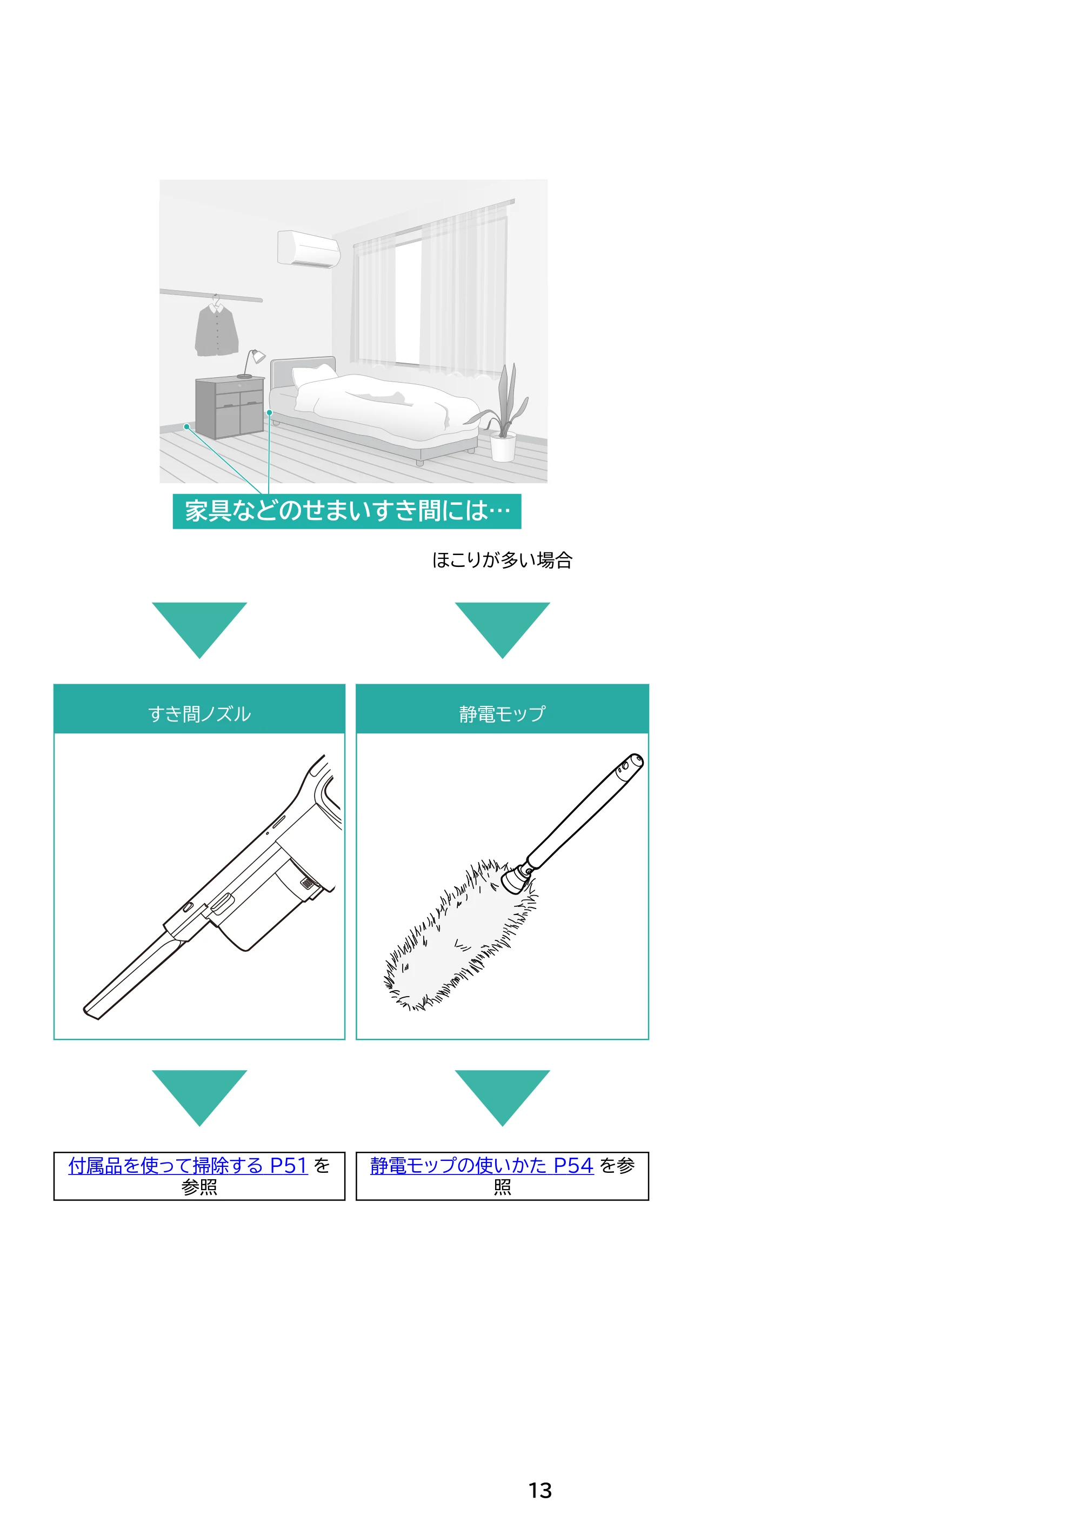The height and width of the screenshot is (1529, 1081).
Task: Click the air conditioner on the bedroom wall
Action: pos(309,249)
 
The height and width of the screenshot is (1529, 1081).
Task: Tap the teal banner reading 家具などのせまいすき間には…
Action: pos(346,511)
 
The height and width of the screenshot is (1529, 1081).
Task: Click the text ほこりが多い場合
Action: pos(502,560)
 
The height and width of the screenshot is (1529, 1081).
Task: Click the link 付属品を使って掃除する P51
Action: pos(188,1165)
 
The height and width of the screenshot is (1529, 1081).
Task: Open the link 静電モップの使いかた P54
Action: pos(482,1165)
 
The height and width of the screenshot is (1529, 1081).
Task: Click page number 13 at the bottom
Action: pos(540,1491)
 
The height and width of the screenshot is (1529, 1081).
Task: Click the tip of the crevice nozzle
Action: pos(92,1013)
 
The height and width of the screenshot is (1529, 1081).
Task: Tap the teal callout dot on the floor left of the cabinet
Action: pos(187,426)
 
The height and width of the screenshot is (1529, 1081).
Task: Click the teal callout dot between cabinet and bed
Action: pos(270,413)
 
